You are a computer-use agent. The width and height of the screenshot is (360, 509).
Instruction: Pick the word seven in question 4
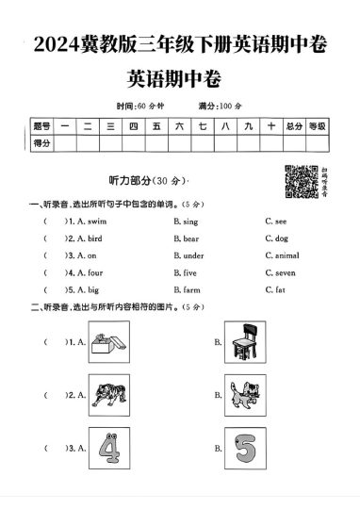(285, 272)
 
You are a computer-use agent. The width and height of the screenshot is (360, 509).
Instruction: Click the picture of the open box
(107, 340)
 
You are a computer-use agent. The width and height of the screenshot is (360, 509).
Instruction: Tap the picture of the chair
(244, 340)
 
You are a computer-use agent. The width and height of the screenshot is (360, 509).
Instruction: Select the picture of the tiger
(107, 394)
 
